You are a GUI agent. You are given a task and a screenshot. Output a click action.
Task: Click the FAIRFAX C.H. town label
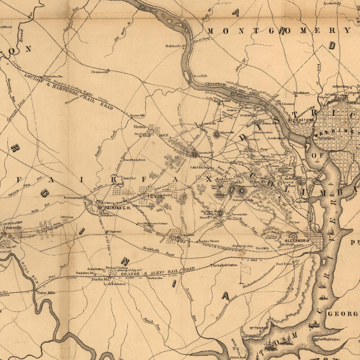pyautogui.click(x=118, y=207)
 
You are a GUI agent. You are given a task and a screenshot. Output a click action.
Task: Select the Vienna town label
pyautogui.click(x=138, y=127)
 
